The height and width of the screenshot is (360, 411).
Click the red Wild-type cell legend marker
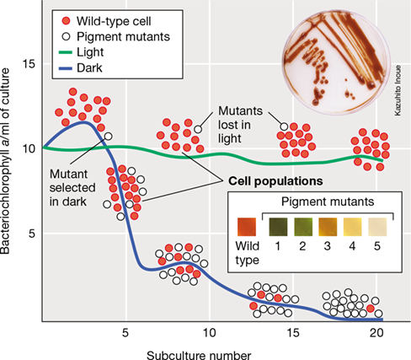tap(66, 21)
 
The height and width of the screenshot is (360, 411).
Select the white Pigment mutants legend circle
tap(66, 36)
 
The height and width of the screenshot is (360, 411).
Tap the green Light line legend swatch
tap(66, 52)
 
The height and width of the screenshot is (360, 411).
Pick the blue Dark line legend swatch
tap(66, 68)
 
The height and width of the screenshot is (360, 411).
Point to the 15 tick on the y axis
tap(29, 64)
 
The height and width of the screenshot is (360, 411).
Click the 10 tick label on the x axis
tap(209, 333)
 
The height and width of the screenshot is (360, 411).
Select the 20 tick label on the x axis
tap(376, 333)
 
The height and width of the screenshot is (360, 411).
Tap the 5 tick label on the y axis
tap(32, 234)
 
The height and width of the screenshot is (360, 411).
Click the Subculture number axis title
tap(199, 355)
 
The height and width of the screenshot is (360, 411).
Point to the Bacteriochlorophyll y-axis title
tap(5, 161)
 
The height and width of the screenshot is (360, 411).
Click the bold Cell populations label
tap(275, 181)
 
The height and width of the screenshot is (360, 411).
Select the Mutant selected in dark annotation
tap(72, 188)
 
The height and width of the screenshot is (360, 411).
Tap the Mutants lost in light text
tap(240, 125)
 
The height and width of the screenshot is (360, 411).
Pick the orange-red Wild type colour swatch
tap(247, 227)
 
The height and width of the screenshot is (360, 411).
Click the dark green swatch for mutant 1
tap(278, 227)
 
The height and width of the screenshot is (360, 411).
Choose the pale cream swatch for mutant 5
tap(377, 227)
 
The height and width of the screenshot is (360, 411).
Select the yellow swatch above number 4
tap(353, 227)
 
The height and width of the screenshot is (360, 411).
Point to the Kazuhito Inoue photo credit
tap(398, 90)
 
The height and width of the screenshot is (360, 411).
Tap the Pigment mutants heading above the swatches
tap(328, 201)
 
